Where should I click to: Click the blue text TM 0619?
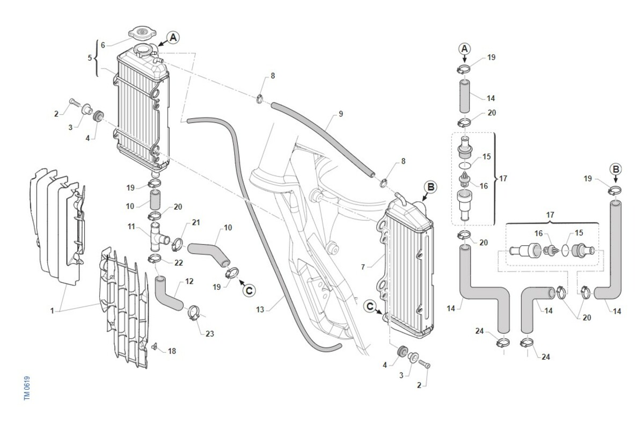tap(26, 387)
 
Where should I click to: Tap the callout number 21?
tap(196, 222)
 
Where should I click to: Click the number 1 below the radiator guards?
tap(52, 311)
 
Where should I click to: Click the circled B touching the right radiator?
tap(431, 187)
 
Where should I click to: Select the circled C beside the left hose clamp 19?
tap(248, 290)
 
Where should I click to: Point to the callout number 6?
tap(103, 45)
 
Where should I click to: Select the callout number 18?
tap(172, 351)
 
